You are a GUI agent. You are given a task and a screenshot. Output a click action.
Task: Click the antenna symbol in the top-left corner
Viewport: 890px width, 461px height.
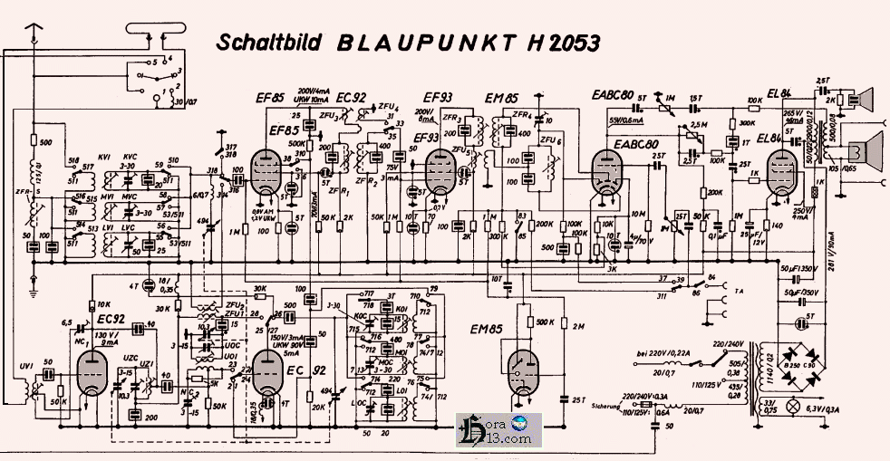pos(34,36)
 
